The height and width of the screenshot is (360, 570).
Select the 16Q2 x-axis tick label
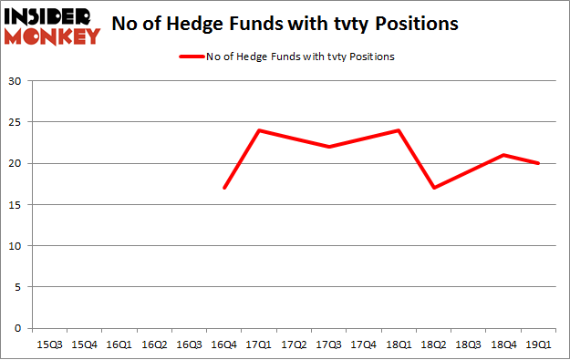pos(154,345)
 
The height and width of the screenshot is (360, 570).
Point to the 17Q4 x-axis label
pos(363,345)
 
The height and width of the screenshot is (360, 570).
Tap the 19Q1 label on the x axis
pos(538,345)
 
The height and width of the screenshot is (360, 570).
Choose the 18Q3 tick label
pos(468,345)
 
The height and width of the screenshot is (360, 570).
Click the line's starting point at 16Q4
pos(224,188)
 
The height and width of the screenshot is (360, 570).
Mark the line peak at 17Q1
pos(259,130)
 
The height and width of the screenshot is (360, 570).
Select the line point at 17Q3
pos(328,147)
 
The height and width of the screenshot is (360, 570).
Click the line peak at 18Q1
pos(399,130)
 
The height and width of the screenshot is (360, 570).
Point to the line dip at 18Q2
pos(433,188)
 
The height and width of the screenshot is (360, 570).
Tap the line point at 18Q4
pos(503,155)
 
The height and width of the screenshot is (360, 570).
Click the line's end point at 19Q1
pos(538,163)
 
